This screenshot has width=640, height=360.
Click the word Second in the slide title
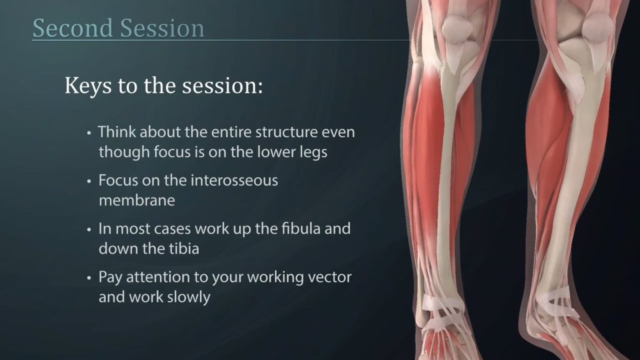coord(72,28)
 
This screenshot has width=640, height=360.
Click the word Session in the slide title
coord(162,28)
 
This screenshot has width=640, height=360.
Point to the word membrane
coord(137,201)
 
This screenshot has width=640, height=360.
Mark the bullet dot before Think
coord(89,134)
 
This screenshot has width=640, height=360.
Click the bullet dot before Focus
coord(89,182)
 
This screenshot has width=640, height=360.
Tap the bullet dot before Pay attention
coord(89,278)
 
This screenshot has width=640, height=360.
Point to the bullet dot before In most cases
coord(89,230)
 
